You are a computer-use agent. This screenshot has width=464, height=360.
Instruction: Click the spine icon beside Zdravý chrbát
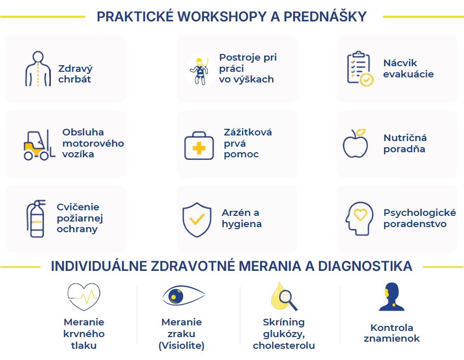click(x=38, y=69)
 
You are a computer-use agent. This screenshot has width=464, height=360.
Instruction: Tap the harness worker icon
click(x=200, y=71)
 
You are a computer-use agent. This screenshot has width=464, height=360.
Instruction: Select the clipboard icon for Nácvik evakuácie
click(x=360, y=69)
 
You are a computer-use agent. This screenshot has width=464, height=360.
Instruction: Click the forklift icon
click(x=39, y=145)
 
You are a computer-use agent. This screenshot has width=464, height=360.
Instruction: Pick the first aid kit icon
click(x=199, y=146)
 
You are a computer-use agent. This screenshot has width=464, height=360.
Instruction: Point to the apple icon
click(x=355, y=143)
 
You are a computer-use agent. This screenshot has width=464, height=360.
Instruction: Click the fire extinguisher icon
click(x=36, y=218)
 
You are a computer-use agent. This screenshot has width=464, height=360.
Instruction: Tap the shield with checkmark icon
click(x=197, y=219)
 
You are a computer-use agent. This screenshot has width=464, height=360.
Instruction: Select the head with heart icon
click(x=359, y=219)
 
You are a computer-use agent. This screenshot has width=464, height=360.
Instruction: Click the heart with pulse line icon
click(x=84, y=297)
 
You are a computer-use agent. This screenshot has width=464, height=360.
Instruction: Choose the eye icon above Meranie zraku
click(x=184, y=295)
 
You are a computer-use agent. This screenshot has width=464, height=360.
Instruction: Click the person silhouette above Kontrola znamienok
click(x=392, y=297)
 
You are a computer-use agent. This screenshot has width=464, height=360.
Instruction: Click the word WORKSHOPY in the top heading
click(x=222, y=17)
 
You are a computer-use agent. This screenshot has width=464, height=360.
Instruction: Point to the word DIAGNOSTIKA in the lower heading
click(x=365, y=266)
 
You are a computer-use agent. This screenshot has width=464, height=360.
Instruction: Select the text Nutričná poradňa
click(x=405, y=143)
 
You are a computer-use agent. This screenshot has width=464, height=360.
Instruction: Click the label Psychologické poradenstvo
click(x=420, y=218)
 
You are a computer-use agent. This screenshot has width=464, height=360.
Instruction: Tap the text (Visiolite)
click(x=182, y=346)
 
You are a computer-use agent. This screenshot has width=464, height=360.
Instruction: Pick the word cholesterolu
click(x=284, y=346)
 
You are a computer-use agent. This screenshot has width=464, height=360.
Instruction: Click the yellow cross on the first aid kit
click(x=199, y=148)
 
